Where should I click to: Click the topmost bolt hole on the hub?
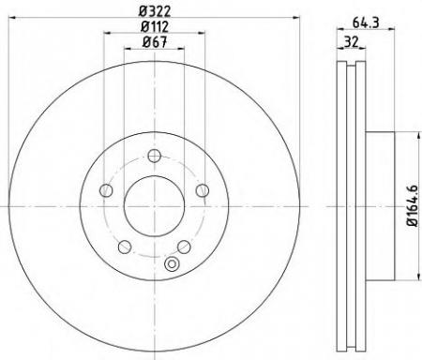154,157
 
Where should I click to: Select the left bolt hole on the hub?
106,191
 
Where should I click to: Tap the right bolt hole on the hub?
202,191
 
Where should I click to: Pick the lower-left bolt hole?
124,247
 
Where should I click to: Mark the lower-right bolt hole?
184,247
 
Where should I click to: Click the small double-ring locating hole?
170,265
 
